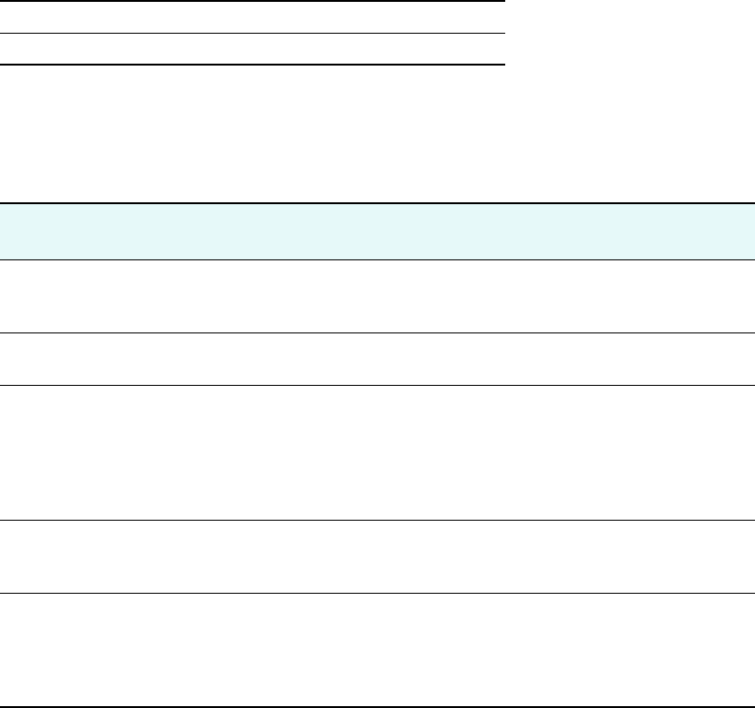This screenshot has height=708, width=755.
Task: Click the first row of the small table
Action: [x=253, y=18]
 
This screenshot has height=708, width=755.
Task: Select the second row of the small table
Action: [x=253, y=50]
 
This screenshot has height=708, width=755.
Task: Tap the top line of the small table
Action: [x=253, y=1]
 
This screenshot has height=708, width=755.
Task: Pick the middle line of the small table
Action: [x=253, y=34]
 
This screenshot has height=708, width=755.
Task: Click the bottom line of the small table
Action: [x=253, y=65]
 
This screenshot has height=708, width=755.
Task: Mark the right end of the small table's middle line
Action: [x=501, y=34]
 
